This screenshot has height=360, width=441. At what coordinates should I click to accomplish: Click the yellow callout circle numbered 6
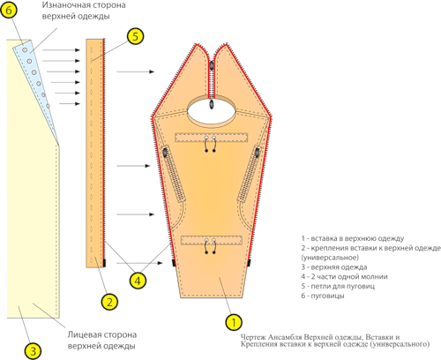(x=9, y=11)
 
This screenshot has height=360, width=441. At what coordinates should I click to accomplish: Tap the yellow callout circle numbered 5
(x=135, y=36)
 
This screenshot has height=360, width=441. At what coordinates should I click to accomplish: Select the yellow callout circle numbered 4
(x=138, y=281)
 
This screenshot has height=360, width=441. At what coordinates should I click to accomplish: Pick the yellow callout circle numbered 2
(x=109, y=302)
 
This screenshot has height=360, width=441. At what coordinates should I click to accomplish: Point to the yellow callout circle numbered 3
(x=33, y=351)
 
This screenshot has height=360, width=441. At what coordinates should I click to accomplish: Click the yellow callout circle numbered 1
(x=234, y=322)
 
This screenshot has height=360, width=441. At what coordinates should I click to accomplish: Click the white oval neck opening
(x=211, y=112)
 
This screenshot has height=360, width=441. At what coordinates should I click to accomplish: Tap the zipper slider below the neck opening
(x=211, y=105)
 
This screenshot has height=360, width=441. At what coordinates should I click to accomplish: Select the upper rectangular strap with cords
(x=211, y=138)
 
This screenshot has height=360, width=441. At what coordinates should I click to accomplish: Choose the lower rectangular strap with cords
(x=212, y=240)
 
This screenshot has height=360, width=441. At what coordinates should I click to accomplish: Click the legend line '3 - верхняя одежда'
(x=334, y=267)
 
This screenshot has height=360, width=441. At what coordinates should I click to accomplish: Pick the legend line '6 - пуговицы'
(x=323, y=296)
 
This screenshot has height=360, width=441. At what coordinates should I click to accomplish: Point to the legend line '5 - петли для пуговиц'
(x=338, y=286)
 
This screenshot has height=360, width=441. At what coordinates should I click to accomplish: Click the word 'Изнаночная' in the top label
(x=63, y=5)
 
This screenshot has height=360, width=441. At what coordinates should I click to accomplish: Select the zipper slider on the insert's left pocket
(x=165, y=153)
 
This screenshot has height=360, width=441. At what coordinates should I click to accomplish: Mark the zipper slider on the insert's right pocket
(x=258, y=153)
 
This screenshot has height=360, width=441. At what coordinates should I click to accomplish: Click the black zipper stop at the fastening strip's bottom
(x=104, y=263)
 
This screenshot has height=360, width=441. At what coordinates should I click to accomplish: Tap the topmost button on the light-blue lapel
(x=25, y=50)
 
